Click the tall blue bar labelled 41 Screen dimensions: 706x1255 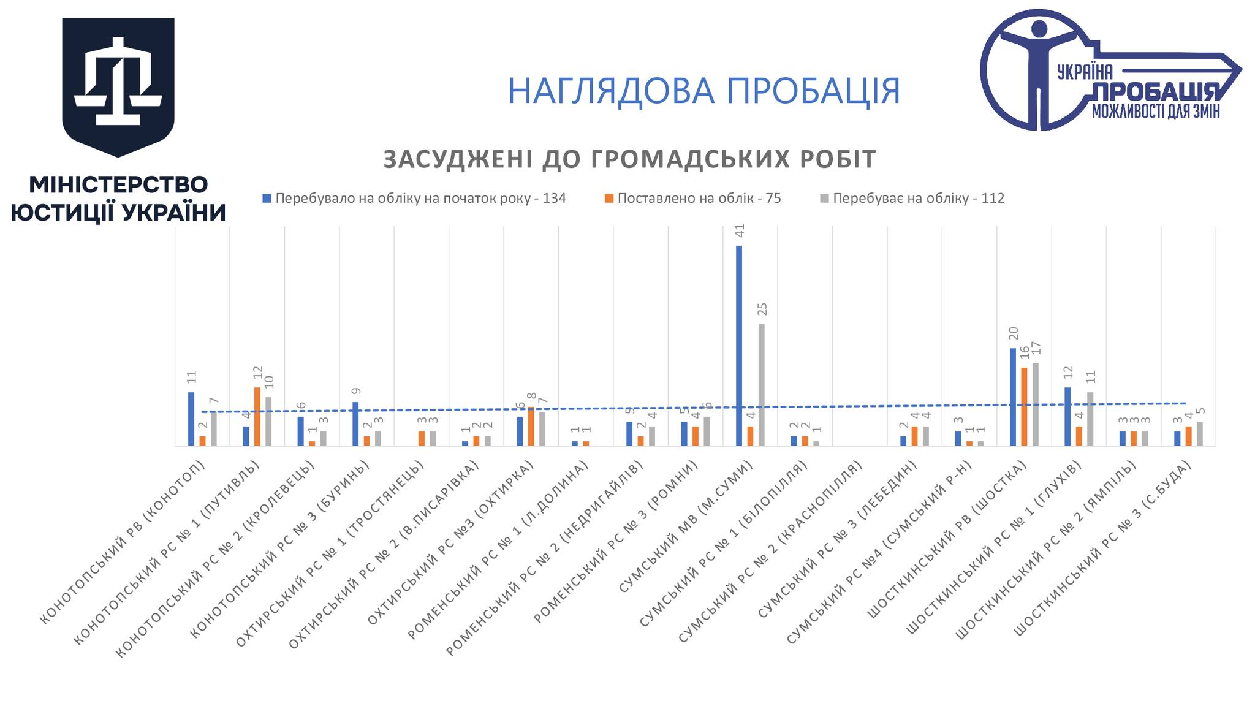tap(739, 346)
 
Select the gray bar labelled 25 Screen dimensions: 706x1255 tap(762, 385)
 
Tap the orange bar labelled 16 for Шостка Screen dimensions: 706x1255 tap(1024, 407)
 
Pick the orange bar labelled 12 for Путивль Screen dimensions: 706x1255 tap(257, 417)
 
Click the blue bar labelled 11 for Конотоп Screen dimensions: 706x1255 tap(191, 419)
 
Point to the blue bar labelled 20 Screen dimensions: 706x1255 tap(1013, 397)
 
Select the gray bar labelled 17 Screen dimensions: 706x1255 tap(1036, 404)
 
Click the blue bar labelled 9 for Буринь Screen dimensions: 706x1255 tap(355, 424)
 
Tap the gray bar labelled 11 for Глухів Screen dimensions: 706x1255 tap(1090, 419)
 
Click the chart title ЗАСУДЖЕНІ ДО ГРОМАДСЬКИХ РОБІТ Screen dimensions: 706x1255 tap(629, 159)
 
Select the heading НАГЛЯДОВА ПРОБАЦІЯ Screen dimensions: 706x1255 tap(703, 91)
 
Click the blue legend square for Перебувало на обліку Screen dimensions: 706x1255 tap(267, 199)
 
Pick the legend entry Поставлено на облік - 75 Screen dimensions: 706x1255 tap(699, 199)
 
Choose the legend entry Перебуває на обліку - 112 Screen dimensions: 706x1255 tap(918, 199)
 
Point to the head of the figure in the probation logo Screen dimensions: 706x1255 tap(1039, 29)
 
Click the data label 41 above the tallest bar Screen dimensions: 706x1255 tap(740, 231)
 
